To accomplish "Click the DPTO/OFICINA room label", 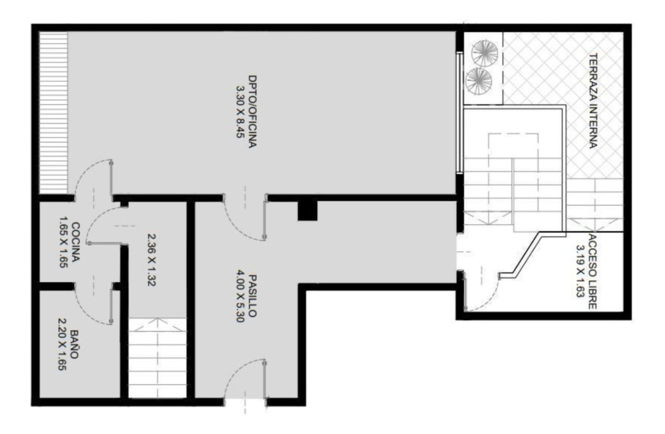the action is (x=252, y=111).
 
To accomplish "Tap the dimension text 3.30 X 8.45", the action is (x=240, y=112).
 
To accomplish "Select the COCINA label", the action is (x=76, y=242).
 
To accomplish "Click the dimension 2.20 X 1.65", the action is (x=62, y=344).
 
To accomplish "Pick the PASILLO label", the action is (x=252, y=296).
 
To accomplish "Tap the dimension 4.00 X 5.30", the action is (x=240, y=296).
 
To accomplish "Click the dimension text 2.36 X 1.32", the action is (x=151, y=260).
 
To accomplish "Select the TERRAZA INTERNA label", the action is (x=592, y=101).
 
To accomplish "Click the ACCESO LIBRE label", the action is (x=592, y=271).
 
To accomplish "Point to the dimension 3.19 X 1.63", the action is (x=580, y=271).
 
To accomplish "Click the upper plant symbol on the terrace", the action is (x=485, y=53).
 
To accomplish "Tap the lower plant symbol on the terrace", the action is (x=479, y=81).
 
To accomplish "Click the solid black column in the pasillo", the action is (x=308, y=210).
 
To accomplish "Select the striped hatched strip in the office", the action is (x=54, y=113).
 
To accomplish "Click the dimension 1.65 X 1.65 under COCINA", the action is (x=64, y=242).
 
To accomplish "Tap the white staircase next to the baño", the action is (x=157, y=358).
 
